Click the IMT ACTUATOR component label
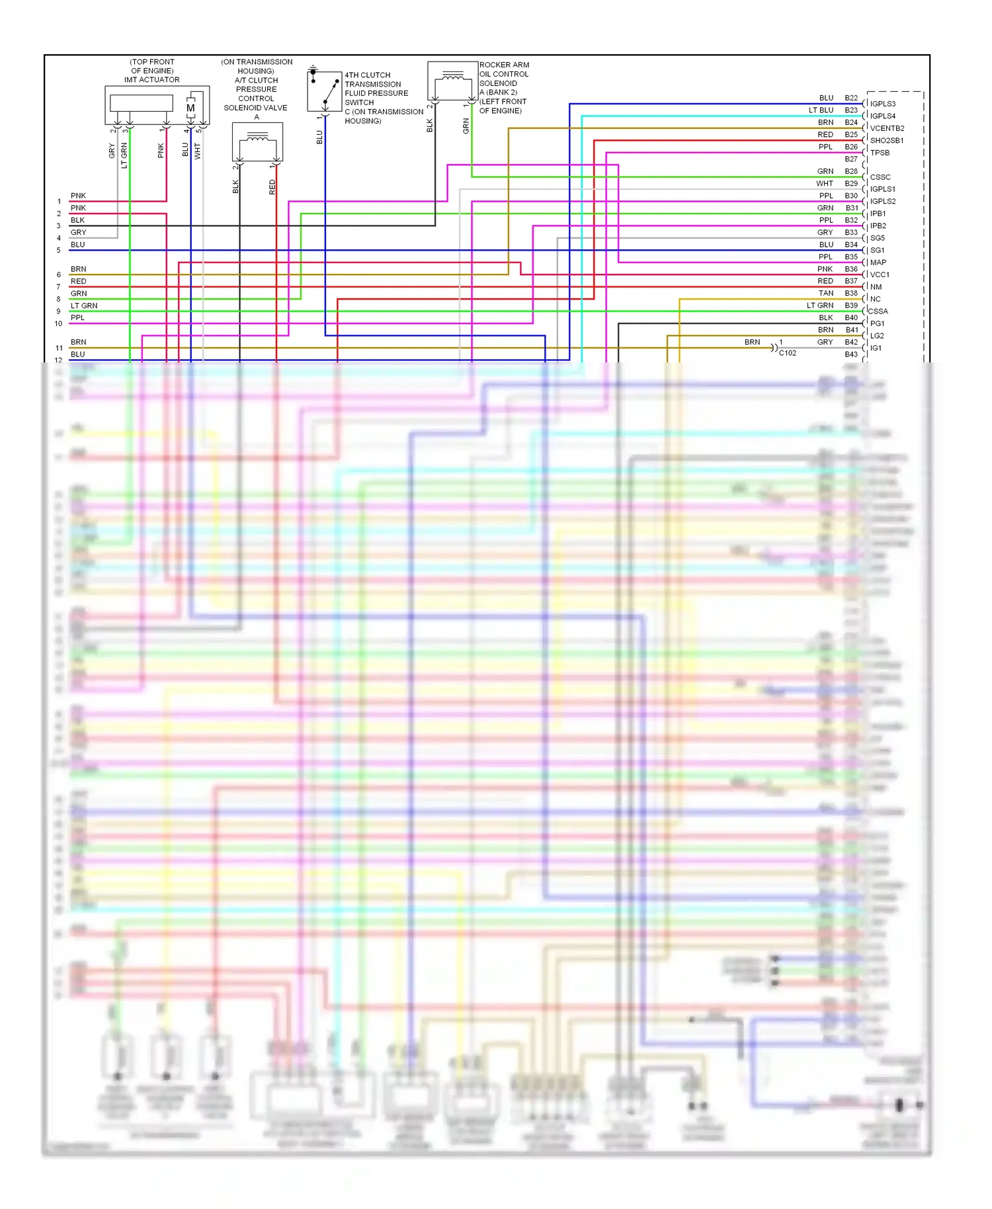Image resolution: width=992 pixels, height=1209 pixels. tap(151, 79)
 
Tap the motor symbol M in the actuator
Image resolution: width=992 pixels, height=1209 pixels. tap(190, 108)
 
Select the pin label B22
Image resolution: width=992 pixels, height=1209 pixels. tap(850, 98)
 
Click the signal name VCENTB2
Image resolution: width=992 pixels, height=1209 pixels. tap(887, 128)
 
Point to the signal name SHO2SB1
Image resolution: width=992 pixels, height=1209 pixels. tap(886, 140)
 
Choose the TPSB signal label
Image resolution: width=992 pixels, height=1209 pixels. tap(880, 153)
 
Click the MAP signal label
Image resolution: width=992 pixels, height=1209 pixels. tap(878, 263)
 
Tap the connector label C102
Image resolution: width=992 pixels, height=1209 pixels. tap(787, 353)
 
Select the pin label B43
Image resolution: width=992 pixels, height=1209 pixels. tap(850, 354)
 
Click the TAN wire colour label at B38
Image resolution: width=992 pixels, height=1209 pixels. tap(826, 293)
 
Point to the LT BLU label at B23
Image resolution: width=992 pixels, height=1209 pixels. tap(821, 110)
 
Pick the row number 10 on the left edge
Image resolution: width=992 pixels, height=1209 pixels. tap(58, 323)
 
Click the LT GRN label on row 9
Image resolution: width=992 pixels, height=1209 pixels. tap(84, 306)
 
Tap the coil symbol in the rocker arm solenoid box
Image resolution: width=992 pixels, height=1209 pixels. tap(453, 77)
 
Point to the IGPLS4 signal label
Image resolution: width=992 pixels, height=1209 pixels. tap(882, 116)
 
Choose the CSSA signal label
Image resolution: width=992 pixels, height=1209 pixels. tap(878, 312)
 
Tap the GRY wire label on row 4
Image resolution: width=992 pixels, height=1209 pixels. tap(78, 232)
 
